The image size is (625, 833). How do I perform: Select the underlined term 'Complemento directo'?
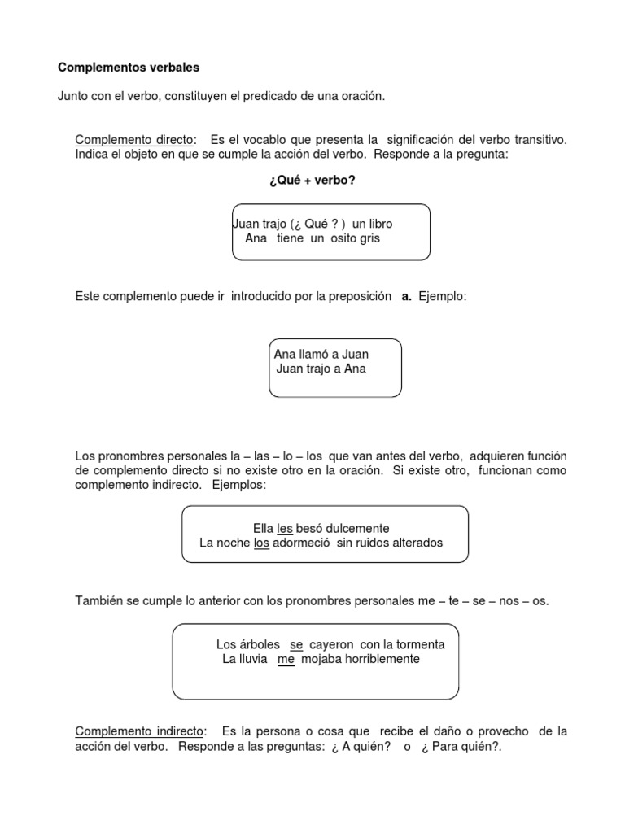click(130, 140)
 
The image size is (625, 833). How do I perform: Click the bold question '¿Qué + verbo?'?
click(312, 181)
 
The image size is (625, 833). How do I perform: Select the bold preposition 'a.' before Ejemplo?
click(406, 298)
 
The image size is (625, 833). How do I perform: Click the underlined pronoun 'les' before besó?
click(285, 528)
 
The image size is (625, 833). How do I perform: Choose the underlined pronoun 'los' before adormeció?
click(261, 543)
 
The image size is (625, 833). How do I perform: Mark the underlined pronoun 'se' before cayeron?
click(296, 644)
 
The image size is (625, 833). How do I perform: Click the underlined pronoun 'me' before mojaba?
click(286, 659)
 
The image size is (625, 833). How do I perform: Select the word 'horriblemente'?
click(380, 659)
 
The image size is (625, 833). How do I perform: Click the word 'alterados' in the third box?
click(417, 543)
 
